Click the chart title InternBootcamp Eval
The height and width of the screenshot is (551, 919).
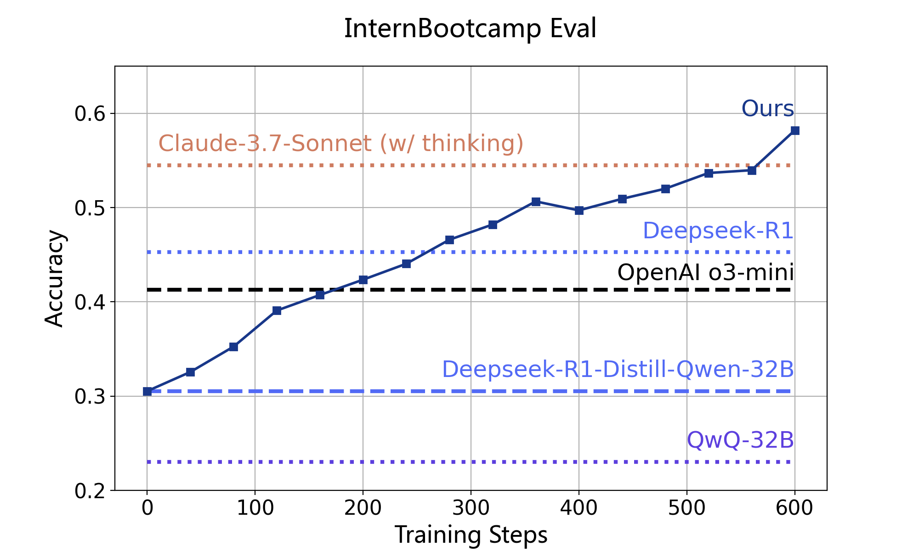tap(470, 29)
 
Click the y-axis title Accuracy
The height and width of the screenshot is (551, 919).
tap(55, 278)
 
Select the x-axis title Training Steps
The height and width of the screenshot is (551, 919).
tap(471, 535)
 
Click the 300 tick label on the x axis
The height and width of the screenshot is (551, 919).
tap(471, 508)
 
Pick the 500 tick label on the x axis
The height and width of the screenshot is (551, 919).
tap(687, 508)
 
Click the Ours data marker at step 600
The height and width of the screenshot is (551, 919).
tap(795, 131)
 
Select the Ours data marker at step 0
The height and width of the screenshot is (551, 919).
tap(147, 391)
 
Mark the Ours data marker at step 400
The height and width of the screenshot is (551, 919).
tap(579, 210)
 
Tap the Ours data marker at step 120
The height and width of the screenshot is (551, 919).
tap(277, 311)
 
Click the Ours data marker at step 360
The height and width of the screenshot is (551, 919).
tap(536, 202)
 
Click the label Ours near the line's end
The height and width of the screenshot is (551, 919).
tap(768, 109)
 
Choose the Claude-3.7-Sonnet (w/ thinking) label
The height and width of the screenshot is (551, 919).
tap(341, 143)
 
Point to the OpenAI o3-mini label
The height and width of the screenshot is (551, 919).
tap(705, 273)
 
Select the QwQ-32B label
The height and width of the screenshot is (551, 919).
tap(740, 440)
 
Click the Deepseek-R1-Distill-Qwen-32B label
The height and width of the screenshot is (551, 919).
tap(618, 370)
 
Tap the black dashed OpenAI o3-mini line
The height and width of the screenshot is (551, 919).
tap(459, 290)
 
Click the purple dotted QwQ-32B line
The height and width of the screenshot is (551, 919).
tap(459, 462)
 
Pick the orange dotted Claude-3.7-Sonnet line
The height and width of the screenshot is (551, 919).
tap(459, 165)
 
